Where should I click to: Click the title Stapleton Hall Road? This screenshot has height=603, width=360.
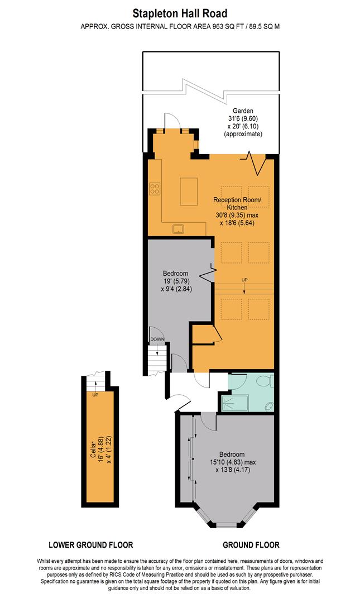pyautogui.click(x=180, y=12)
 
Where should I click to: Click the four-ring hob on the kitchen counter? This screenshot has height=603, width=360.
pyautogui.click(x=155, y=189)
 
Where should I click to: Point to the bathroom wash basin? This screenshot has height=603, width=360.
pyautogui.click(x=268, y=406)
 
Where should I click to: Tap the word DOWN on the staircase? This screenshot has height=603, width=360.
pyautogui.click(x=156, y=339)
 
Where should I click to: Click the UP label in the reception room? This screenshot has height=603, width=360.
pyautogui.click(x=244, y=279)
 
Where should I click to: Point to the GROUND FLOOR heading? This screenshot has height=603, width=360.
pyautogui.click(x=251, y=545)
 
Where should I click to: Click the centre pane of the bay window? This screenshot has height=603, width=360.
pyautogui.click(x=226, y=525)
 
